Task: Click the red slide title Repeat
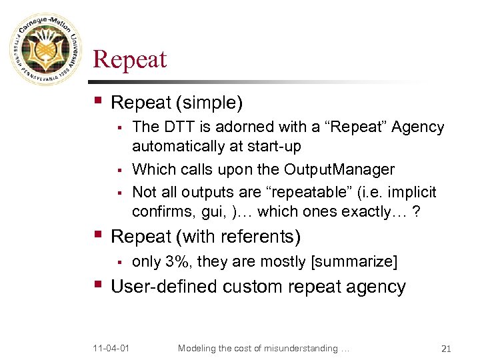[x=129, y=59]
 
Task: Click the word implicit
[x=409, y=192]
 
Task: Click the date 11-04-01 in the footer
[x=113, y=349]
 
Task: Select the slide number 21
[x=447, y=349]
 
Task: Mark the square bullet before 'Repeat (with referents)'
[x=99, y=235]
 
